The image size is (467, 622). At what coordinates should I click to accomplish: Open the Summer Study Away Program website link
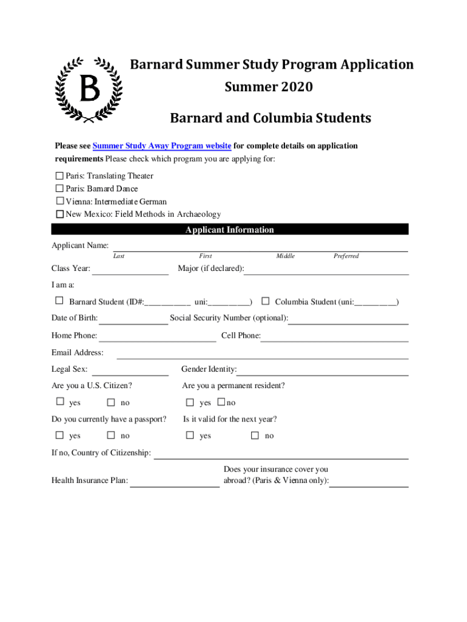pos(161,146)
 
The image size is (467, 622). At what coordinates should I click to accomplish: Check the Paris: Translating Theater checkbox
pos(59,176)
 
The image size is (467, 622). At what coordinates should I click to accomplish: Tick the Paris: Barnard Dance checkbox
pos(59,188)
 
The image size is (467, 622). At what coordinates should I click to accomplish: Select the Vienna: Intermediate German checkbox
pos(59,201)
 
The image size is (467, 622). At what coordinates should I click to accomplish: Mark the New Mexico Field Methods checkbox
pos(59,214)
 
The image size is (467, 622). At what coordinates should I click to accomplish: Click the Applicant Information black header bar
pos(229,230)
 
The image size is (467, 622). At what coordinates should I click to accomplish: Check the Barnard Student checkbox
pos(59,301)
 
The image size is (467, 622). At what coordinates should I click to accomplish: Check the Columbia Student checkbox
pos(265,301)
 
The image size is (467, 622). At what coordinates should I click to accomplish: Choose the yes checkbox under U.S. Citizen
pos(59,402)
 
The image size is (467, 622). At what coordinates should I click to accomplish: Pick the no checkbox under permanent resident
pos(221,402)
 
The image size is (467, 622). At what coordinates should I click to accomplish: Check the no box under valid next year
pos(255,435)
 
